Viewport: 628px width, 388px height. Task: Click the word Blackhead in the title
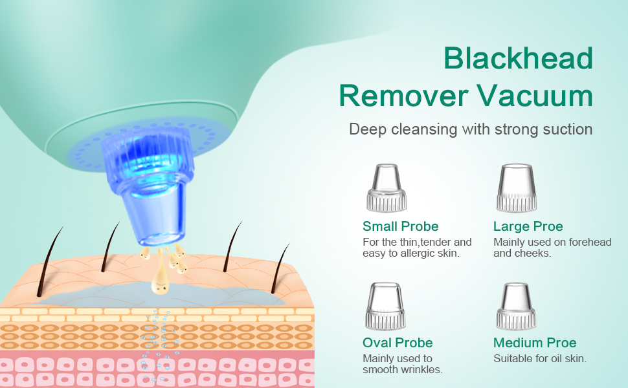tap(518, 58)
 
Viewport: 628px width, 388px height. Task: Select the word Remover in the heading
tap(403, 96)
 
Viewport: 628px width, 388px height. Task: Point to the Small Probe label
tap(401, 226)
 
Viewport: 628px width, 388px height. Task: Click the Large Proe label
tap(528, 226)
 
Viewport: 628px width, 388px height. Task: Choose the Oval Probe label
tap(398, 343)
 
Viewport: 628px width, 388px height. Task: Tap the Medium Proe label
tap(535, 343)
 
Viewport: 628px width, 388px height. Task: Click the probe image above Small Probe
tap(387, 188)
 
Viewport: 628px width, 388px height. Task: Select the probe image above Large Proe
tap(517, 188)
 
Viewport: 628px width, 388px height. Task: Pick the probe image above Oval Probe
tap(385, 306)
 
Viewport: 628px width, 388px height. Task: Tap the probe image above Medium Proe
tap(516, 306)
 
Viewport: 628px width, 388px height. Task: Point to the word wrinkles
tap(423, 370)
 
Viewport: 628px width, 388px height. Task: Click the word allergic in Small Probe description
tap(419, 253)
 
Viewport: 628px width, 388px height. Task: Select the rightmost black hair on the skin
tap(280, 269)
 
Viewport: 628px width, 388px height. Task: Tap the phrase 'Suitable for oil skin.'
tap(540, 358)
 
